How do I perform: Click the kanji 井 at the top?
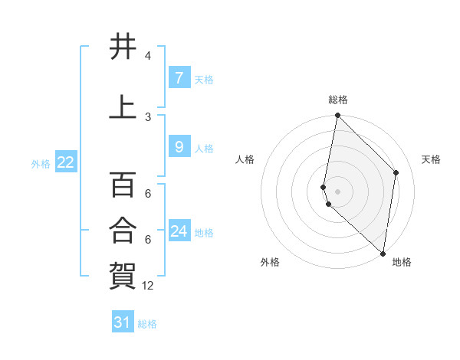tap(123, 47)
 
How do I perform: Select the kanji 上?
tap(123, 107)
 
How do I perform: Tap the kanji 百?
tap(123, 185)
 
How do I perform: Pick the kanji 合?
tap(123, 228)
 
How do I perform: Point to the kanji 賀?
tap(123, 274)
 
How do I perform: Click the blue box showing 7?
tap(179, 78)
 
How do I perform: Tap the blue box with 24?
tap(179, 231)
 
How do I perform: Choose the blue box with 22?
tap(65, 162)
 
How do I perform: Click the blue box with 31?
tap(123, 322)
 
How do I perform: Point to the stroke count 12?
tap(148, 286)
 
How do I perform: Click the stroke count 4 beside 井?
tap(148, 56)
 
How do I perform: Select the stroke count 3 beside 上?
tap(148, 116)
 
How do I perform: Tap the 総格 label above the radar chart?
tap(338, 100)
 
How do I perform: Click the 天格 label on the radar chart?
tap(431, 159)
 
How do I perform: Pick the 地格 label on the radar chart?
tap(402, 262)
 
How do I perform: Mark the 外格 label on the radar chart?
tap(270, 262)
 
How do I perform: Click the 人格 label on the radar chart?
tap(245, 159)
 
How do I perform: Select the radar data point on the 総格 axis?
tap(338, 116)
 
